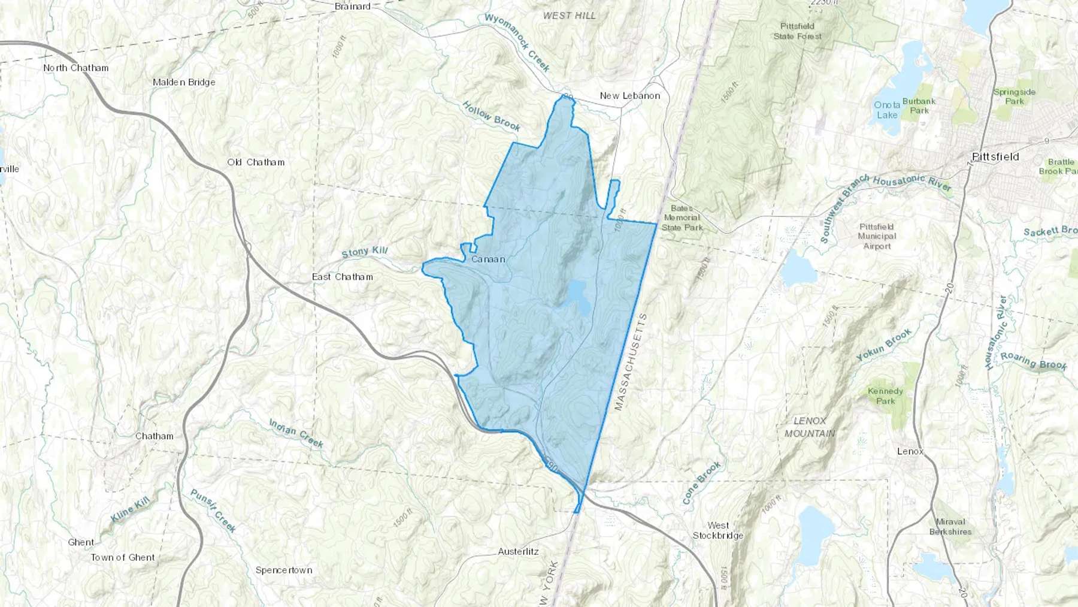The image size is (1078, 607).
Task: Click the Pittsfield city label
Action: [x=995, y=157]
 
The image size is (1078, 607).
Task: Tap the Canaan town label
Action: [x=488, y=259]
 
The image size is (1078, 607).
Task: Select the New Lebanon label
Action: [x=630, y=96]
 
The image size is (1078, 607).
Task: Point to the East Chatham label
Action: [x=343, y=277]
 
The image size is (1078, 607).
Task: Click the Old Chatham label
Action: [x=256, y=162]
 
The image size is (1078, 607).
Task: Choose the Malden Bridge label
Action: [x=184, y=83]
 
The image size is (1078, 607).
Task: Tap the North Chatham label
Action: [x=76, y=68]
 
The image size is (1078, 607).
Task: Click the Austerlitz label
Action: [x=519, y=551]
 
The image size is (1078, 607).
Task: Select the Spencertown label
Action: [x=284, y=570]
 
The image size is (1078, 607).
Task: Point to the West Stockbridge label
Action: [x=718, y=530]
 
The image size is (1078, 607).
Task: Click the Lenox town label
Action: [x=910, y=451]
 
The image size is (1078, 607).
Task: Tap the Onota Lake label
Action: [x=887, y=110]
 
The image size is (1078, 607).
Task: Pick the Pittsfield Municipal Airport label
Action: [x=877, y=236]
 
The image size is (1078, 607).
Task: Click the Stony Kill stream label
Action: [x=365, y=252]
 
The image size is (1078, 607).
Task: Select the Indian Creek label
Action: [x=296, y=433]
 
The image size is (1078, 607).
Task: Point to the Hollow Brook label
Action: [x=491, y=116]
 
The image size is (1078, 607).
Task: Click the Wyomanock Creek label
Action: [x=517, y=43]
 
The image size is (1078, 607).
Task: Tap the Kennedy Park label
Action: [x=885, y=396]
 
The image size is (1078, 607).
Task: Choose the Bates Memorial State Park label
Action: [x=682, y=218]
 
